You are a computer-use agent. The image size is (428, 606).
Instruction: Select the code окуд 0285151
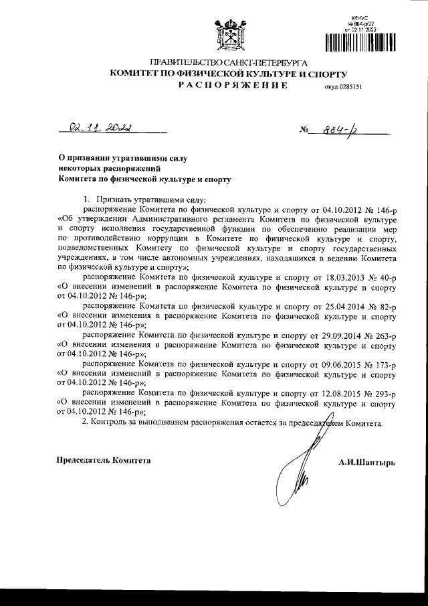coord(343,87)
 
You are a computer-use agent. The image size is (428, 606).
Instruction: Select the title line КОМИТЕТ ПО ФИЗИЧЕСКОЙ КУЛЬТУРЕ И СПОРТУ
coord(230,72)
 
